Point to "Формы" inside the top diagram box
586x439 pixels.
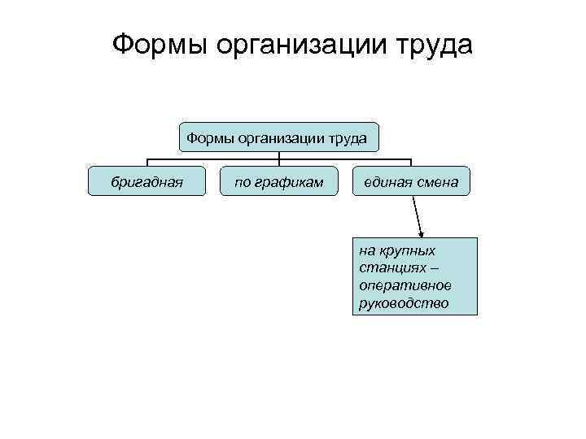tap(209, 138)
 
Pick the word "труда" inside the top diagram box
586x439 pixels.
tap(348, 139)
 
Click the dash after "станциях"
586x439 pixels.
tap(434, 268)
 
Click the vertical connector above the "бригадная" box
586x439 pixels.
tap(147, 163)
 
